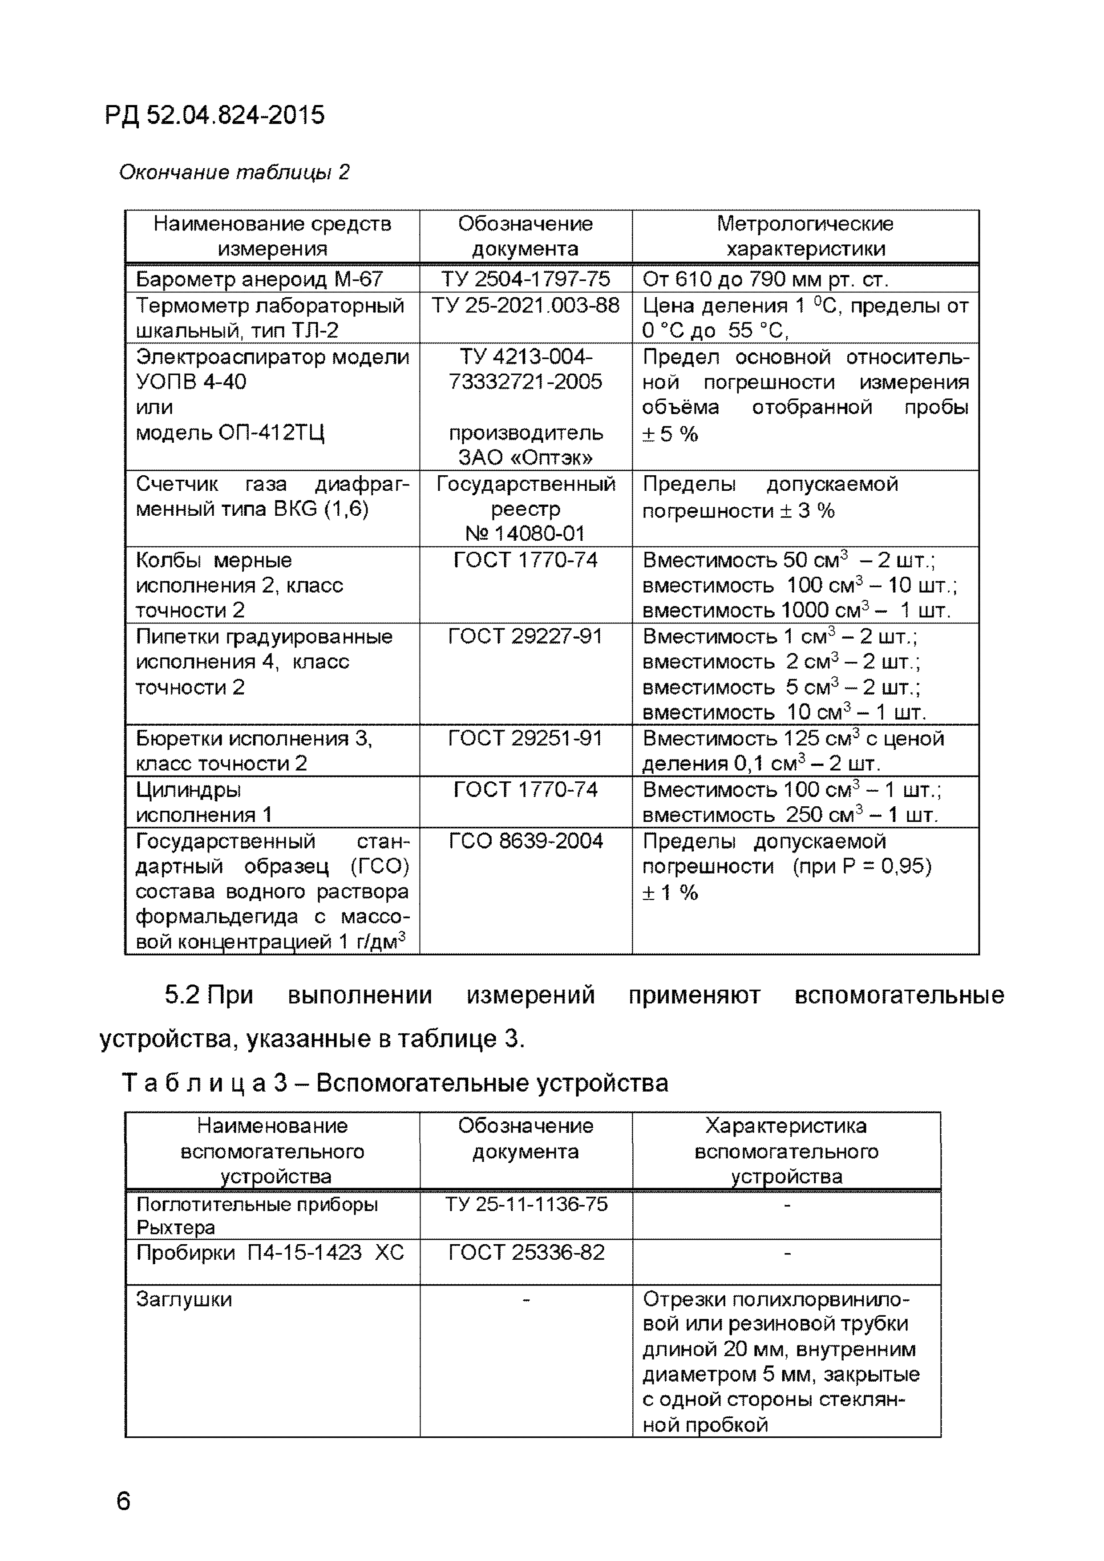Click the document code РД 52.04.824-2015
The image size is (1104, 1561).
(215, 116)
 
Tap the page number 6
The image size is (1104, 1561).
(123, 1500)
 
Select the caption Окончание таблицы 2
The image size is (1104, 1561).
(234, 173)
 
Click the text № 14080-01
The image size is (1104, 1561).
(526, 534)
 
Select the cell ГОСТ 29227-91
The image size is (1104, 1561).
(526, 636)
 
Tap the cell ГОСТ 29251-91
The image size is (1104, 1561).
(526, 738)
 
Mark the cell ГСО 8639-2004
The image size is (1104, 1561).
(526, 841)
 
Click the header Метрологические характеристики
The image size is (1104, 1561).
(805, 236)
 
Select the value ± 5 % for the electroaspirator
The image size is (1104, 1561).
(670, 434)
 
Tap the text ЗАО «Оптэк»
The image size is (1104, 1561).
(526, 457)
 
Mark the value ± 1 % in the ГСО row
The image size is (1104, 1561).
(670, 893)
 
